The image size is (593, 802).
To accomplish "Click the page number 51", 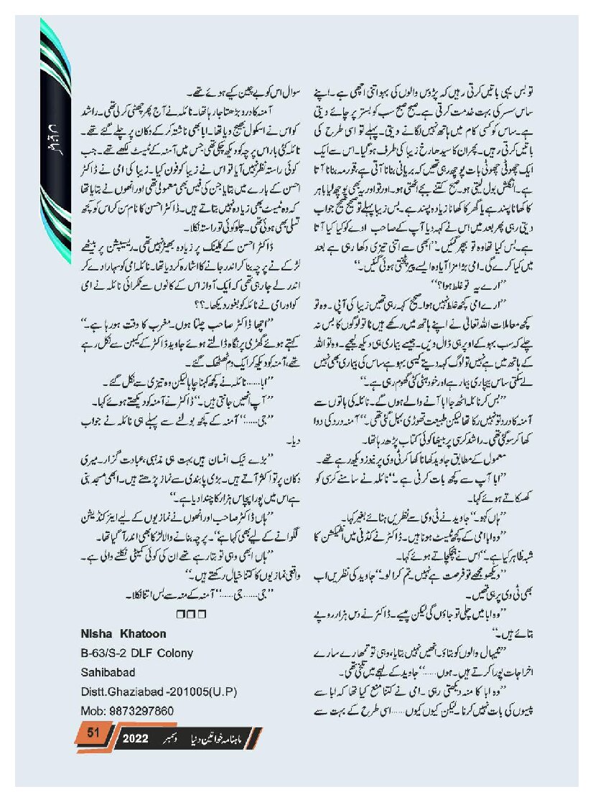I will click(92, 732).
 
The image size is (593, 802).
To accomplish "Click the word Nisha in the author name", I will click(95, 633).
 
